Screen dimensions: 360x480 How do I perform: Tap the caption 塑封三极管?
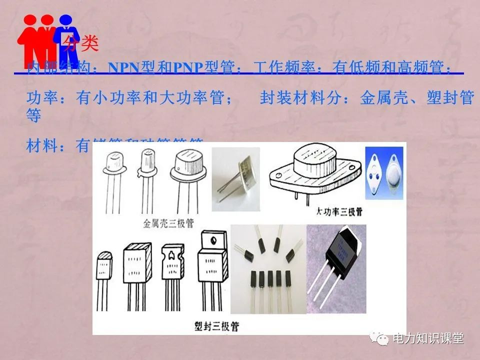coord(216,327)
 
